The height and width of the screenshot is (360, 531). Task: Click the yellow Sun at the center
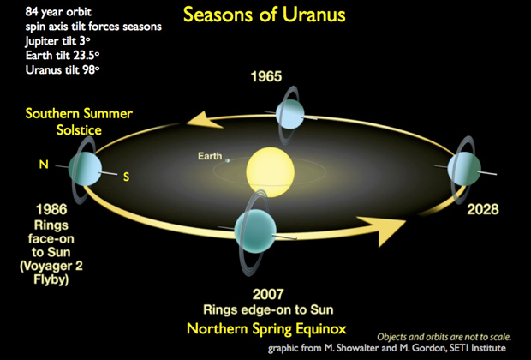271,172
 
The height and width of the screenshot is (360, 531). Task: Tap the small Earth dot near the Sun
228,160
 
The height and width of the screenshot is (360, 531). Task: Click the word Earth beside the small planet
210,156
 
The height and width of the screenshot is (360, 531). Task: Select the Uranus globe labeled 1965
289,114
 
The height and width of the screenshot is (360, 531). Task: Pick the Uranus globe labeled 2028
464,169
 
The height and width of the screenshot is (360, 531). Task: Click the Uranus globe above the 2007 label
255,231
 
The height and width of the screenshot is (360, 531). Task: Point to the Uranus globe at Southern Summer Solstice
85,169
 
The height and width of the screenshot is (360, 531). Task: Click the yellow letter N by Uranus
44,165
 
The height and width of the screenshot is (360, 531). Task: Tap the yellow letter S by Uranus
126,177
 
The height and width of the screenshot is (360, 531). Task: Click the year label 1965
266,76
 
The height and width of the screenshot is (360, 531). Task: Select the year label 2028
483,209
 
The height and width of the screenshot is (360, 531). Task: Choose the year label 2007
268,294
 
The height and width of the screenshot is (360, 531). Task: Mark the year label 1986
51,209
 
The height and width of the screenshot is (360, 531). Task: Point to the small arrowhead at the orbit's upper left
203,121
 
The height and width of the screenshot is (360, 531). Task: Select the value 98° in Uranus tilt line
91,69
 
